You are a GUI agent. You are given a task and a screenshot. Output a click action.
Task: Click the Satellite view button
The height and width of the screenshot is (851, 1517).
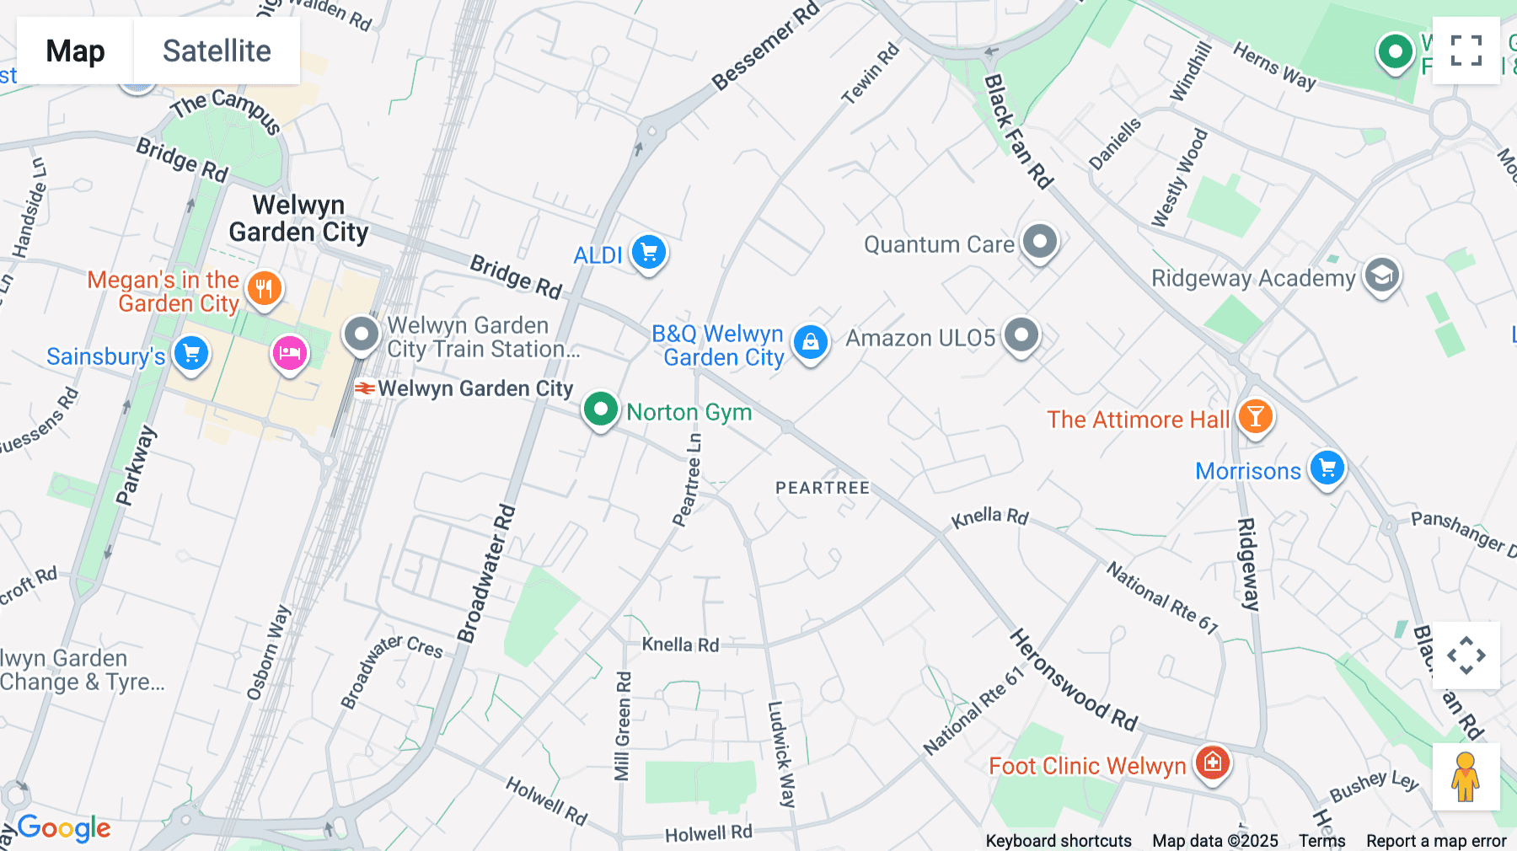point(217,51)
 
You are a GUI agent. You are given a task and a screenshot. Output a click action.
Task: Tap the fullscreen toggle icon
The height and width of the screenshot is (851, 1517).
point(1466,51)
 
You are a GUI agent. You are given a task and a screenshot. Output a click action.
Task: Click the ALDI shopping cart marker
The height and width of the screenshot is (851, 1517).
point(649,252)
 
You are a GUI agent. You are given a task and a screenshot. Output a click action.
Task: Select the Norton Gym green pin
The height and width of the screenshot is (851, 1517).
point(601,409)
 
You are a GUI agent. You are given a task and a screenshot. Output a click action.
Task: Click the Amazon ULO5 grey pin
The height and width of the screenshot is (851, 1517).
point(1021,335)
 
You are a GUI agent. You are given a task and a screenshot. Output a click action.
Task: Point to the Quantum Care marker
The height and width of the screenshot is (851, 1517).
point(1040,242)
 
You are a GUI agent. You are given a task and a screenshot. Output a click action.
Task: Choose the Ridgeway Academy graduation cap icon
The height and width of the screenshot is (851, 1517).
point(1382,276)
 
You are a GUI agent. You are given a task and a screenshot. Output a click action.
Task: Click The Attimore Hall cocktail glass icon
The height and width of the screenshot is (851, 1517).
point(1255,417)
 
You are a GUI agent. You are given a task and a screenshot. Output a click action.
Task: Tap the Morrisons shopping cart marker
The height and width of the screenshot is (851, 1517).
point(1327,468)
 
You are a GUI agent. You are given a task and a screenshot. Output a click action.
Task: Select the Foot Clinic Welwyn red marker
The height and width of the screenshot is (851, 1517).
point(1213,763)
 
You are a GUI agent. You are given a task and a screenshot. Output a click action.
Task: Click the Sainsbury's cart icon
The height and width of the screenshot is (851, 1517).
point(191,353)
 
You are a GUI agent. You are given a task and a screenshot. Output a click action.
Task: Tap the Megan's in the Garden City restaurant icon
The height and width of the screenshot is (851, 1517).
point(264,289)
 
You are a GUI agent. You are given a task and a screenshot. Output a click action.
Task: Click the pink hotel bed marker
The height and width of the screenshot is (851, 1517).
point(289,353)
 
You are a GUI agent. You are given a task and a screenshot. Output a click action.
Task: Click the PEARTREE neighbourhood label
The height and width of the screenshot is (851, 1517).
point(822,488)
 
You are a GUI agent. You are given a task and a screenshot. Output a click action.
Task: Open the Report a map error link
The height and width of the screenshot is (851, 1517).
point(1436,840)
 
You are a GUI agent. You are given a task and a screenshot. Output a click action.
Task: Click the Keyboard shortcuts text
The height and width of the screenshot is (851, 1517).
point(1059,840)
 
